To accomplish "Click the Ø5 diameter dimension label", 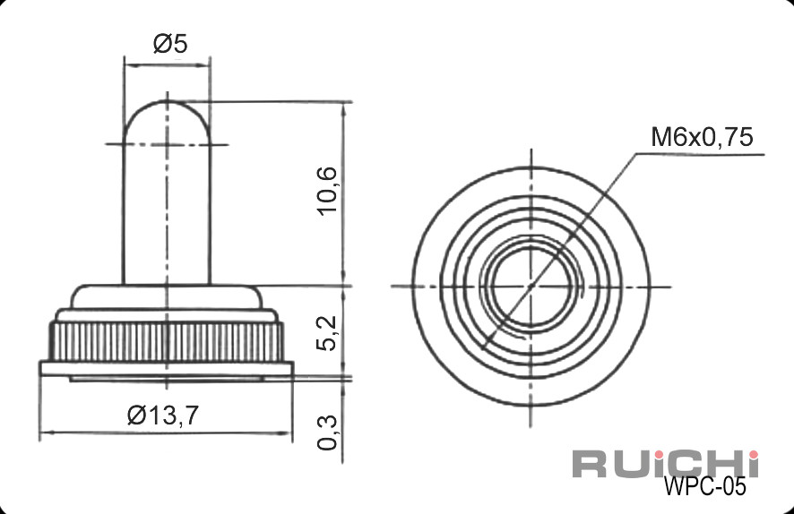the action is (170, 44).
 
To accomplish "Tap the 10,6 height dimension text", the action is (326, 191).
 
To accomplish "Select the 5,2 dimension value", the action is (326, 333).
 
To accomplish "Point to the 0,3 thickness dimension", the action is (326, 433).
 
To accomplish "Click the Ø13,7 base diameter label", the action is (163, 415).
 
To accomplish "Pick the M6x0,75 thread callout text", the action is (702, 137).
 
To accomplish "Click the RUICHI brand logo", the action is (666, 463).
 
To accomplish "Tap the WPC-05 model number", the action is (704, 486).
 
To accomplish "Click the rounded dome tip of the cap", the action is (167, 103).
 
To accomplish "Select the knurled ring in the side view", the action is (166, 342).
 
